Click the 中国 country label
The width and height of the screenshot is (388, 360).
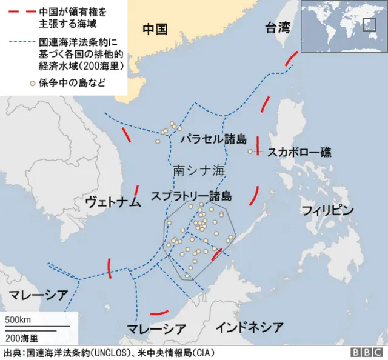[x=155, y=28]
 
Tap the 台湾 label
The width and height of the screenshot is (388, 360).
[x=278, y=27]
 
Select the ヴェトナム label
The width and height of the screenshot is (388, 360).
[x=113, y=202]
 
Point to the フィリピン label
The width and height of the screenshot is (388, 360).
[x=327, y=210]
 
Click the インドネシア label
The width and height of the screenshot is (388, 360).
[x=250, y=327]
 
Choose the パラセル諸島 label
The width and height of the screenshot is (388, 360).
[x=213, y=139]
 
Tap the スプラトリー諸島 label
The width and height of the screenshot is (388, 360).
[x=191, y=196]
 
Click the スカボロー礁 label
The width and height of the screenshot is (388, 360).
[x=299, y=152]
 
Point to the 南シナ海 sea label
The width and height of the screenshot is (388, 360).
[x=199, y=171]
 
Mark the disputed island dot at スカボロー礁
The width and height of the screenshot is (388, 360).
[x=250, y=152]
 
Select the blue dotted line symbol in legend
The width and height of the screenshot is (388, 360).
[x=21, y=43]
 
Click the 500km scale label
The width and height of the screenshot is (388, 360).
[x=18, y=319]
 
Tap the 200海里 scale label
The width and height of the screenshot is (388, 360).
[x=21, y=337]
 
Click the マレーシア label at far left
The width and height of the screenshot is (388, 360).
[x=38, y=295]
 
